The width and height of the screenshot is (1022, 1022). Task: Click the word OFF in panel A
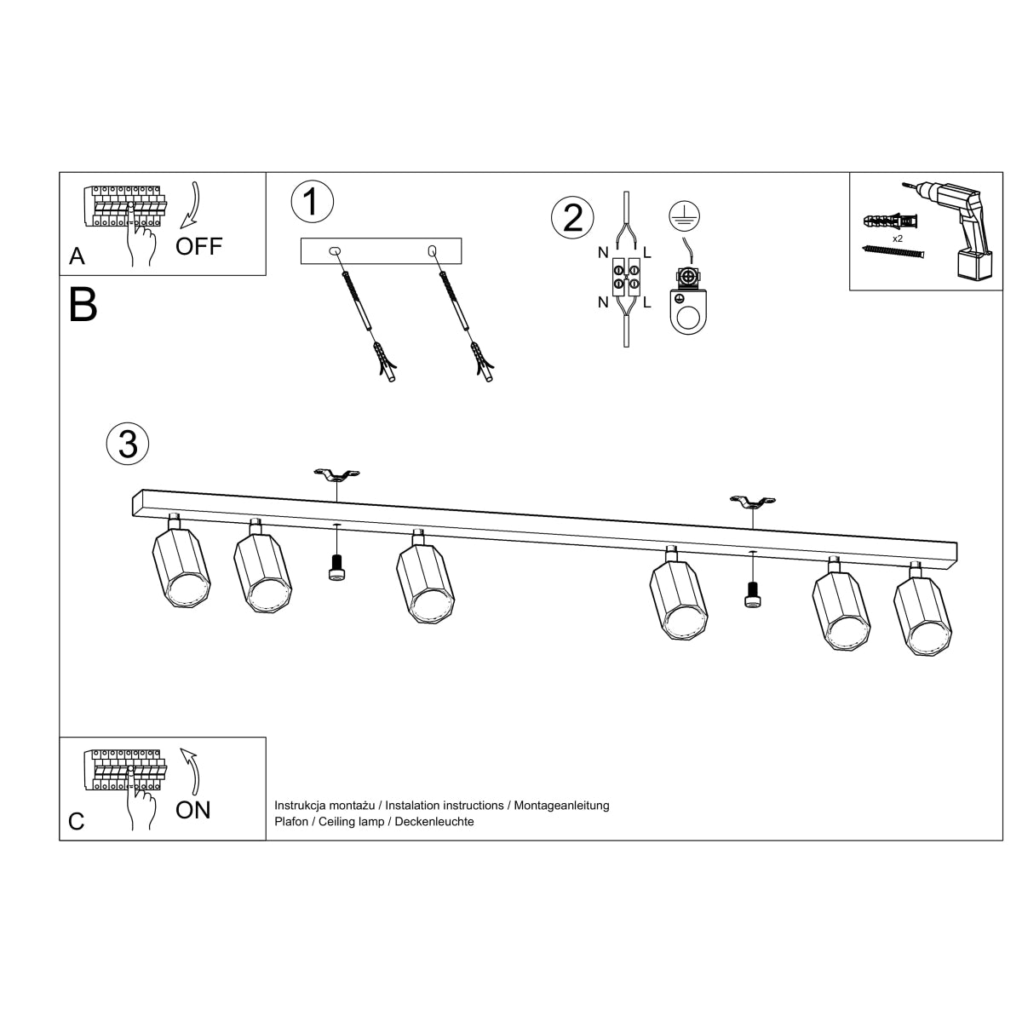(198, 247)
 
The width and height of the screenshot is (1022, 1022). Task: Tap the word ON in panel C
(193, 810)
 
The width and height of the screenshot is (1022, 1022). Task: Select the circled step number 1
(313, 202)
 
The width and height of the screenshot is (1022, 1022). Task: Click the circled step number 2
(573, 217)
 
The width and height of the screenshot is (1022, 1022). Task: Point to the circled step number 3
(128, 444)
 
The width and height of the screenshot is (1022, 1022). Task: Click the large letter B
(83, 304)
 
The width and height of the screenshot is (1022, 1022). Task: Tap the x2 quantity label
(898, 239)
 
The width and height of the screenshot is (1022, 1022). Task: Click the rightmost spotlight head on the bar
(923, 612)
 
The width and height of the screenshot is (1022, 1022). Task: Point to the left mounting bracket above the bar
(336, 474)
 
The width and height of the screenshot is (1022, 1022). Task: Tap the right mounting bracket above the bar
(753, 502)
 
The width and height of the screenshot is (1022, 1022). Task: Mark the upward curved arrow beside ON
(192, 771)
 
